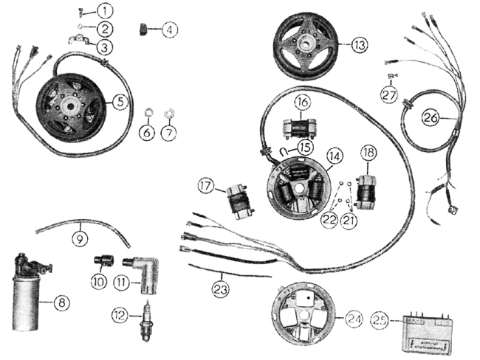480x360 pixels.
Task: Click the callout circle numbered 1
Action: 107,11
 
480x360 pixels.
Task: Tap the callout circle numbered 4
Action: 171,30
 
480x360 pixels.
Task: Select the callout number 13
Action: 359,45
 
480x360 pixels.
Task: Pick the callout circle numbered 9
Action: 78,238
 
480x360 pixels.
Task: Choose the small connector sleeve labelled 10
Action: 102,261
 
